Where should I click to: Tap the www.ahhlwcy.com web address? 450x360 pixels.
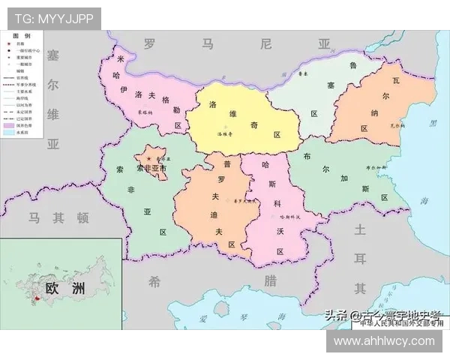tap(384, 341)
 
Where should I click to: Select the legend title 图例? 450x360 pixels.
tap(22, 35)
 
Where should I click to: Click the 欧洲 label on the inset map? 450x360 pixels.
tap(64, 288)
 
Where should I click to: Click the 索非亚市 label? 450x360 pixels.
tap(151, 169)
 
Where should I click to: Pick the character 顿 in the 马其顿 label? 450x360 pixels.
tap(82, 218)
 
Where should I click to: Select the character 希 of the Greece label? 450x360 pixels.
tap(154, 281)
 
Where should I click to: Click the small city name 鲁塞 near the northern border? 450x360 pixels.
tap(304, 73)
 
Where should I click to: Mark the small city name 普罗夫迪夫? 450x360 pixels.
tap(244, 200)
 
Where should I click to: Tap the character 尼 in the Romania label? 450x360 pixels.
tap(265, 44)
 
